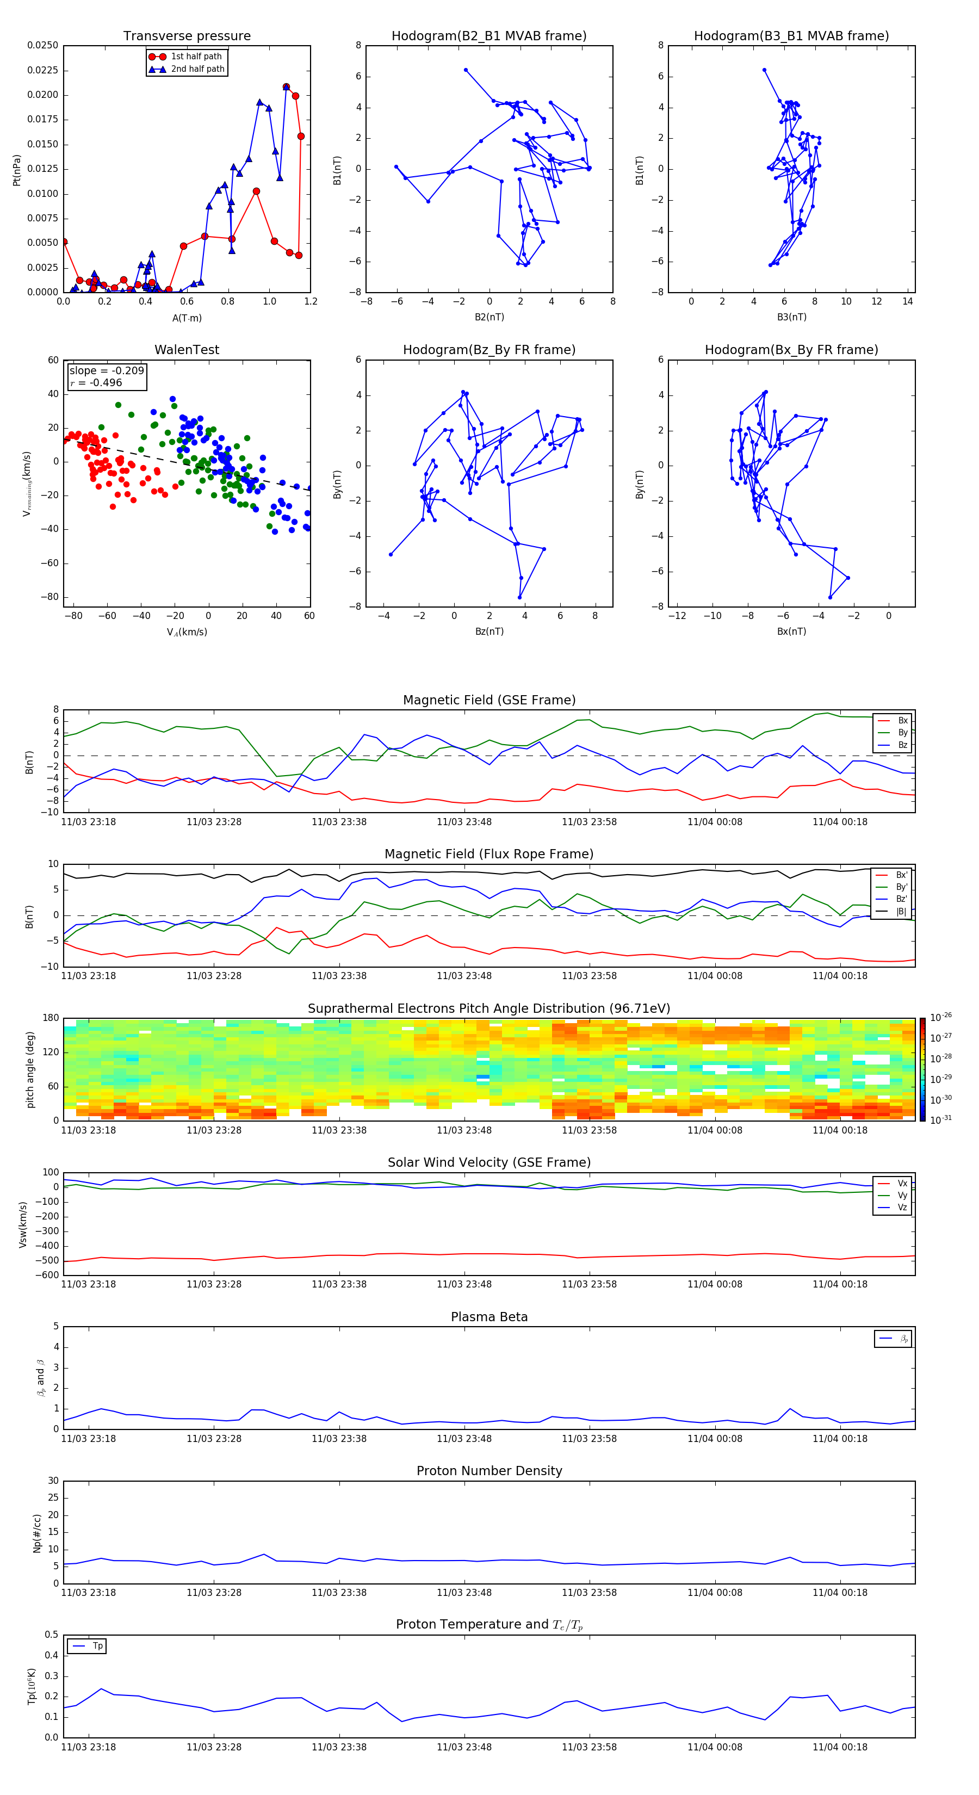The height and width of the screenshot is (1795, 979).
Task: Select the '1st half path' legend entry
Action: pos(196,57)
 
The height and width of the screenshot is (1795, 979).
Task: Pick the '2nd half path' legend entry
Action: pos(197,69)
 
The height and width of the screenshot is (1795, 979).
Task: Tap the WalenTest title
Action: pos(187,350)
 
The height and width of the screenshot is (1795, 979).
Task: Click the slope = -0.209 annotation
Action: pos(107,371)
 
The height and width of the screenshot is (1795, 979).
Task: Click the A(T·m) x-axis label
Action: pos(187,318)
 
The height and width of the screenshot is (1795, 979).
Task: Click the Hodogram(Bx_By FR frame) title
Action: pos(791,350)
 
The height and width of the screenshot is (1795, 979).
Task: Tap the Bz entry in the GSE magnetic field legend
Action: pos(902,745)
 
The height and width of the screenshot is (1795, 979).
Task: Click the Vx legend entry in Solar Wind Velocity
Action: pos(902,1183)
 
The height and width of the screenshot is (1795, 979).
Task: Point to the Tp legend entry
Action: pos(97,1646)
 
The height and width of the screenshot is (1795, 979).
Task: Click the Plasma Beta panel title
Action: pos(489,1317)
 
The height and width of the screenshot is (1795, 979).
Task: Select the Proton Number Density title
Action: pos(489,1471)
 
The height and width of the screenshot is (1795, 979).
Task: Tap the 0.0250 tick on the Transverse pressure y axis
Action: pos(42,45)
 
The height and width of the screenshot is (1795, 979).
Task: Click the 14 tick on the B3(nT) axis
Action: pos(907,302)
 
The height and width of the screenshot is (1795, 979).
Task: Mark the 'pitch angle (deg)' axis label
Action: pos(30,1069)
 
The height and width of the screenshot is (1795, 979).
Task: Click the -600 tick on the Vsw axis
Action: pos(46,1275)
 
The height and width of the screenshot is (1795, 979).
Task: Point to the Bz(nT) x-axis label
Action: pos(489,632)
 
